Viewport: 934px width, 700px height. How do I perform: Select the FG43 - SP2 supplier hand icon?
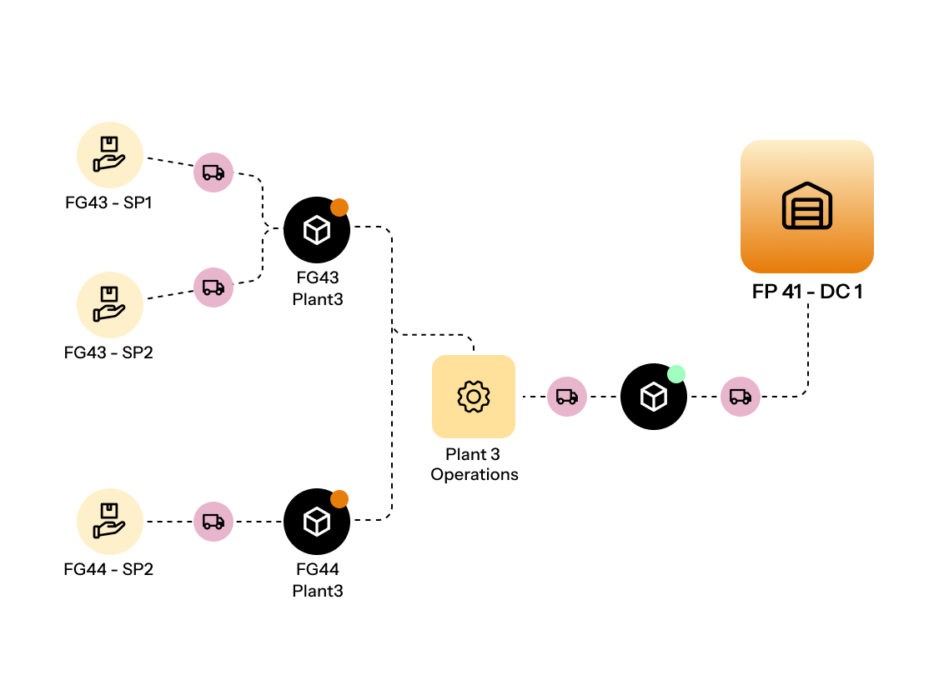[x=109, y=304]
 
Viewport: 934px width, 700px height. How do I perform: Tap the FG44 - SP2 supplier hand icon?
[x=109, y=521]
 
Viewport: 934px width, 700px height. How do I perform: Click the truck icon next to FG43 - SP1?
[x=213, y=172]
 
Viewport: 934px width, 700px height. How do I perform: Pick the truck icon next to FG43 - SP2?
[x=213, y=287]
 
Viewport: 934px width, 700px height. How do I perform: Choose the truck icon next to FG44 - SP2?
[x=213, y=522]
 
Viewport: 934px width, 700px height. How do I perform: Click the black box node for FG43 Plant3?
[x=316, y=230]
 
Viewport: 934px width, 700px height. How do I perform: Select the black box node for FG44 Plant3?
[x=316, y=522]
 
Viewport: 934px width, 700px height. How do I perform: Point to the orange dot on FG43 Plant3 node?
[x=339, y=207]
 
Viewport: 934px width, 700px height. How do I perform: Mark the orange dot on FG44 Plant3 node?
[x=339, y=499]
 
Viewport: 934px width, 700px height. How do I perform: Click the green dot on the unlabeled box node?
[x=676, y=374]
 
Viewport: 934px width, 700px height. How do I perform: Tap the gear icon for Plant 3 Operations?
[x=473, y=397]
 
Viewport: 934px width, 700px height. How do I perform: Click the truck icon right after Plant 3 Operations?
[x=567, y=397]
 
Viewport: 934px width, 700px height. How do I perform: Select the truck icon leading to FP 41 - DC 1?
[x=741, y=397]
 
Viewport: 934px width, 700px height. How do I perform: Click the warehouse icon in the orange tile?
[x=806, y=207]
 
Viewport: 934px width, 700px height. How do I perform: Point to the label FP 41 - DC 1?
[x=806, y=293]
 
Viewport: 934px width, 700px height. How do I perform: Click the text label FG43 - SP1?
[x=108, y=202]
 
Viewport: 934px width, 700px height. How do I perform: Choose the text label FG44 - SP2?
[x=108, y=569]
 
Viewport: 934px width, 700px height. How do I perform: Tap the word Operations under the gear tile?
[x=474, y=474]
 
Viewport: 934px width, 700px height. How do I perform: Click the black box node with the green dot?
[x=653, y=397]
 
